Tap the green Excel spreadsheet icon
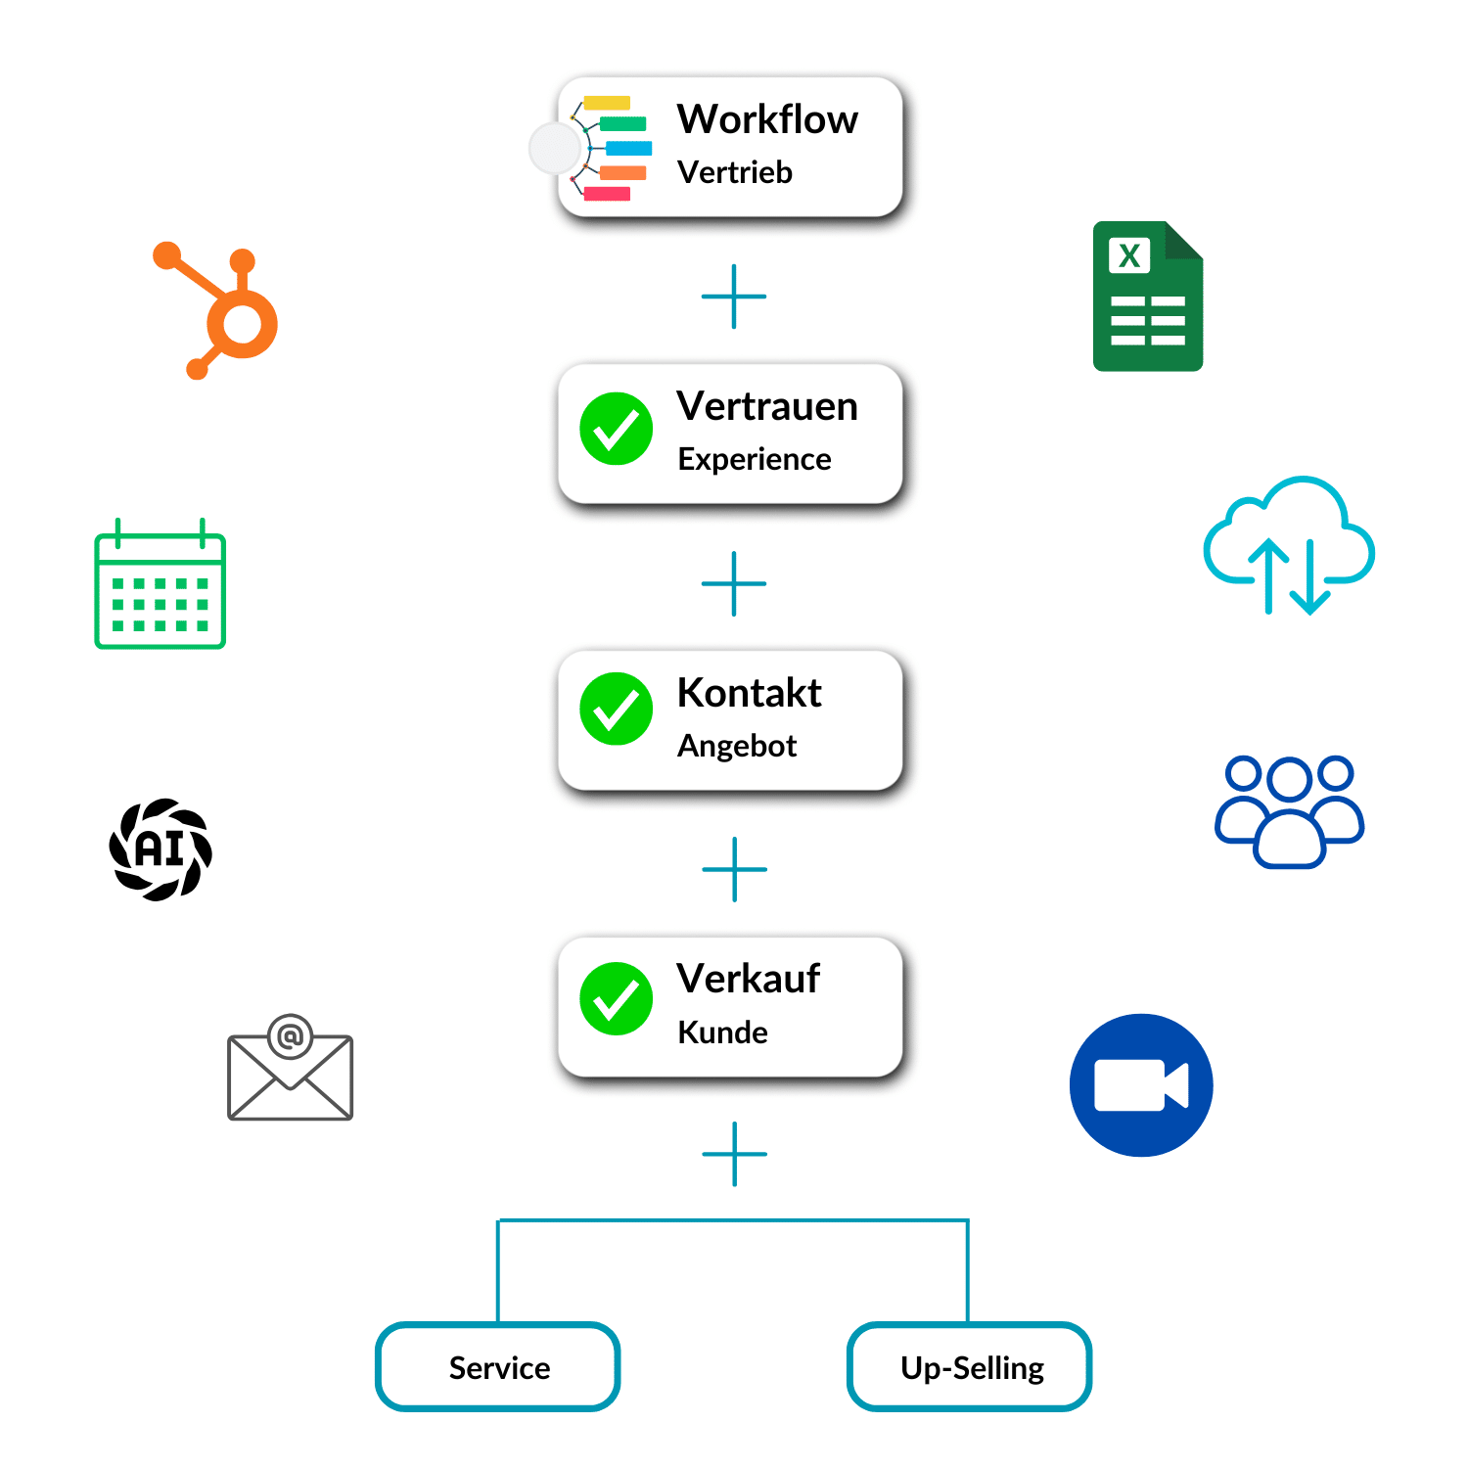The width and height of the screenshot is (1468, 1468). (1147, 298)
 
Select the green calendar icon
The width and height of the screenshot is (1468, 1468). (161, 587)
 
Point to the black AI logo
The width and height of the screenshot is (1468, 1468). (161, 849)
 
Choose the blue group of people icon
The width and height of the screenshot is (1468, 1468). (1289, 811)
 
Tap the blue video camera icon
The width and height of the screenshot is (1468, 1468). (1141, 1085)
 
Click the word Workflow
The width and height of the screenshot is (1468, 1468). (767, 119)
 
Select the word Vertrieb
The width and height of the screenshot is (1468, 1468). (735, 173)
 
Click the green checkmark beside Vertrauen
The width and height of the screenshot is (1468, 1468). (617, 429)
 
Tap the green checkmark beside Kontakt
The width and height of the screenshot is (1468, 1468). (617, 709)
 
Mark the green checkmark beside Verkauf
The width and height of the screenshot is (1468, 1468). (617, 998)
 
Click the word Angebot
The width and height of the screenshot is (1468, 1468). (737, 747)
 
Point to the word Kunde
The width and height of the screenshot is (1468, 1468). (722, 1032)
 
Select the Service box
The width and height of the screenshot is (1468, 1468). (498, 1367)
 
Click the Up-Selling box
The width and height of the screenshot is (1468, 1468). (970, 1367)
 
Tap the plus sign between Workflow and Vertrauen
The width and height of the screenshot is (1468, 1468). (734, 297)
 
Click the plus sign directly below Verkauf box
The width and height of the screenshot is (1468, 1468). (734, 1154)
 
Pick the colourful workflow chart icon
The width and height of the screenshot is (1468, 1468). (612, 148)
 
